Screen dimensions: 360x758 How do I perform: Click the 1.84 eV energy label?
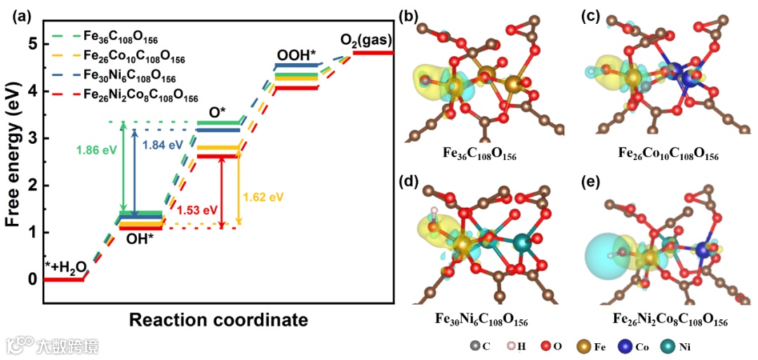pyautogui.click(x=160, y=145)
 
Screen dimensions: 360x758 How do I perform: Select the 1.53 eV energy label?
pyautogui.click(x=198, y=209)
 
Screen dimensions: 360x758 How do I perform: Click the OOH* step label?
pyautogui.click(x=295, y=55)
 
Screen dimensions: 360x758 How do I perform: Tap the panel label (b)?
pyautogui.click(x=408, y=15)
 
